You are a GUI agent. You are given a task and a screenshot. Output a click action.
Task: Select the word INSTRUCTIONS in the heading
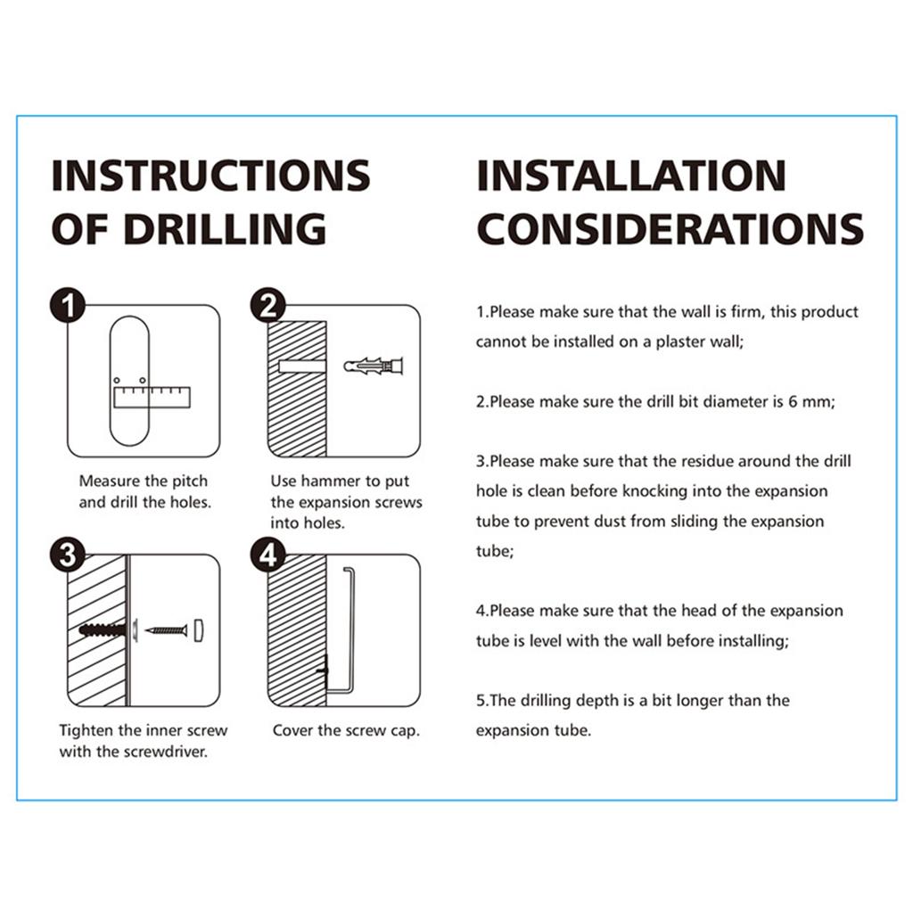click(210, 176)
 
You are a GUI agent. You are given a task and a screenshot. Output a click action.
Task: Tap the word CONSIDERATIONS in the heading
click(670, 229)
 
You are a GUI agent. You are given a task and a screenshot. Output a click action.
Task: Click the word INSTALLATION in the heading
click(631, 176)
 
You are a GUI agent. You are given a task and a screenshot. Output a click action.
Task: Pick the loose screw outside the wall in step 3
click(168, 630)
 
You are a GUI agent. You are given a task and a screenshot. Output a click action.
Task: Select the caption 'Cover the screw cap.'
click(346, 730)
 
